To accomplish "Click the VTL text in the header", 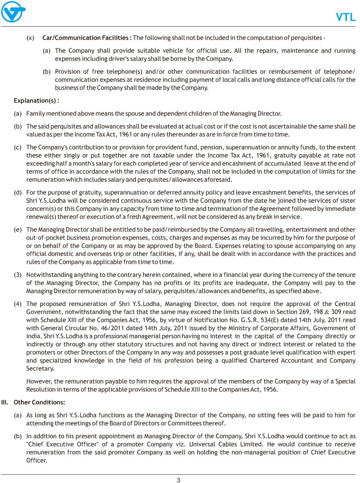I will pos(346,17).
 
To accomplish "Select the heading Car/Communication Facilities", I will pos(87,38).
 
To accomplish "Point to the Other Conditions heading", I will pos(39,402).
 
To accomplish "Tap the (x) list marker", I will pos(30,38).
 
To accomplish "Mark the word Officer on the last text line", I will pos(37,461).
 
